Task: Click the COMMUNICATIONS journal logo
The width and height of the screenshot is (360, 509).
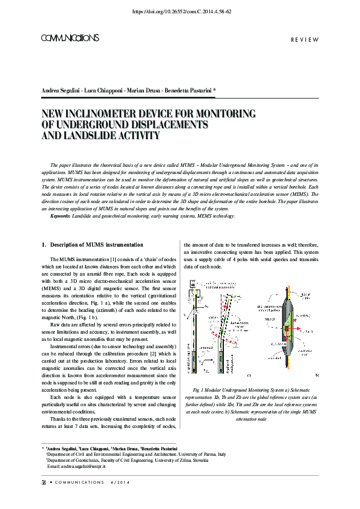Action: coord(70,38)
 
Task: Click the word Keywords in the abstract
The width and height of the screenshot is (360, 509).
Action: coord(61,216)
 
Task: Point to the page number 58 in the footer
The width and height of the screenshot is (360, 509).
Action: coord(44,482)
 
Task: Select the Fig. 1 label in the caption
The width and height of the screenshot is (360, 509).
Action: coord(197,389)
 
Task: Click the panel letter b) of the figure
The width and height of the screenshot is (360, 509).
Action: coord(317,375)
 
